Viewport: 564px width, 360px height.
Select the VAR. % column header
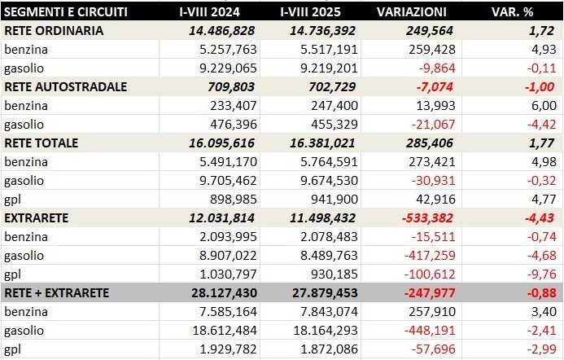[513, 13]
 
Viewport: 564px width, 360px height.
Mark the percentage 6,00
[544, 105]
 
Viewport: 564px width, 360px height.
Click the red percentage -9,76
[541, 274]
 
